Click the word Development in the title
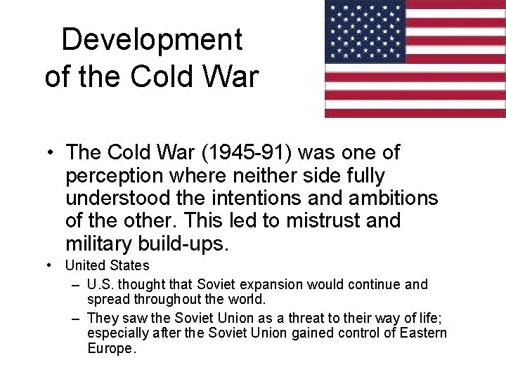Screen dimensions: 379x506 tap(152, 40)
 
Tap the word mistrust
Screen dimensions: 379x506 tap(327, 220)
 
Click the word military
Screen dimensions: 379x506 tap(101, 243)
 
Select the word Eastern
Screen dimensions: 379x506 tap(424, 332)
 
